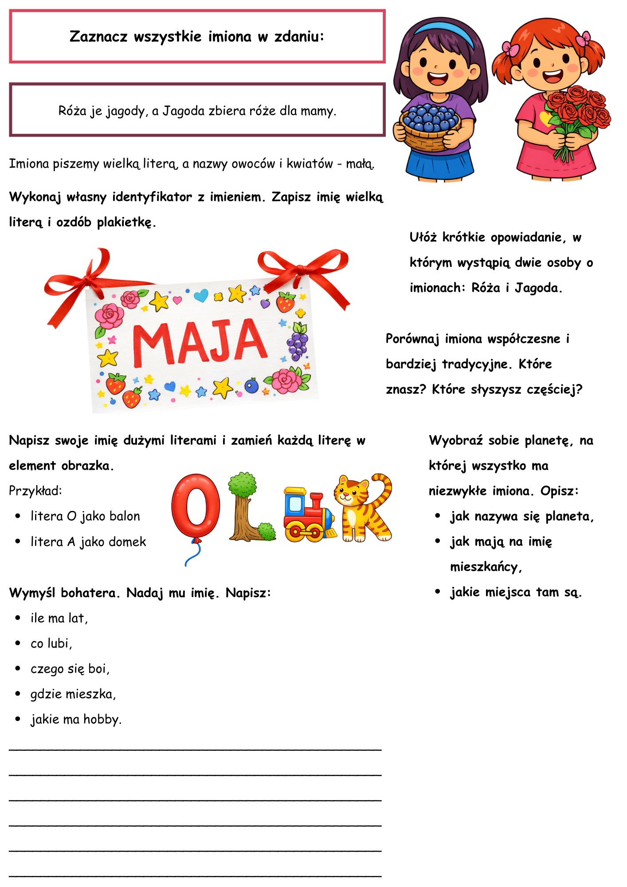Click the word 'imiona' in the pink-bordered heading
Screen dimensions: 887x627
point(229,36)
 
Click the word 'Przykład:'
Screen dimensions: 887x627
point(35,491)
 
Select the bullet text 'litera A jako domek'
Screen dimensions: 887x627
point(88,542)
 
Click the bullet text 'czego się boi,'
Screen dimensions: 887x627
point(70,668)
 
